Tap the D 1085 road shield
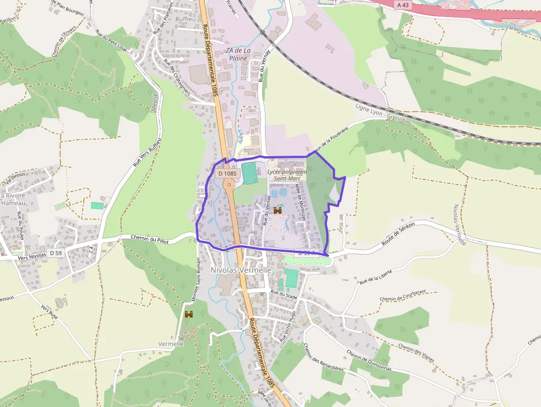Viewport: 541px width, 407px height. [x=227, y=173]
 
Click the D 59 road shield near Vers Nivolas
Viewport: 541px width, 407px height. [x=55, y=253]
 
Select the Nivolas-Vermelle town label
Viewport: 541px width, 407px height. [x=241, y=271]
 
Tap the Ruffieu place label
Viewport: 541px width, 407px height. [x=185, y=19]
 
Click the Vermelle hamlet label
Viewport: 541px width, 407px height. [x=171, y=343]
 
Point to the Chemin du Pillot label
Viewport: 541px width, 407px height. [x=150, y=239]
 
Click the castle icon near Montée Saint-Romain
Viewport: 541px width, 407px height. [x=189, y=314]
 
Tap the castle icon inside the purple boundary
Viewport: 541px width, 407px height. [x=277, y=210]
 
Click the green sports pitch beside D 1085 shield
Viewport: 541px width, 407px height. [x=250, y=173]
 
